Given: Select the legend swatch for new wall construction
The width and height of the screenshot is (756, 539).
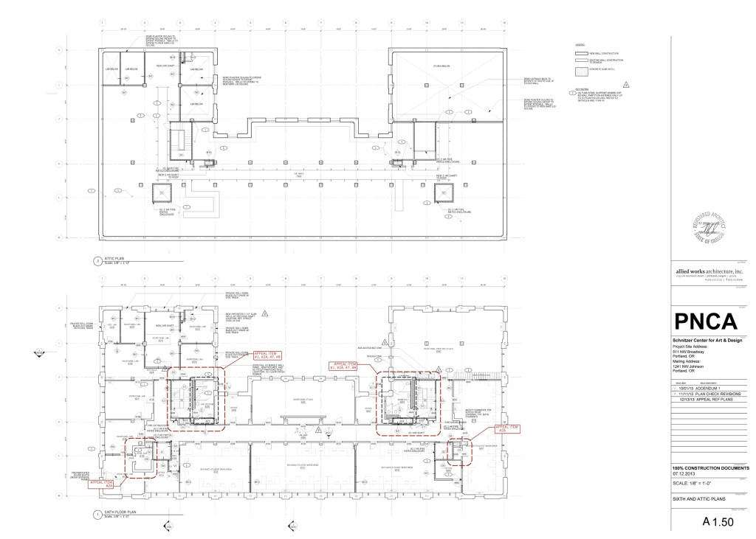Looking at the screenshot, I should pos(580,54).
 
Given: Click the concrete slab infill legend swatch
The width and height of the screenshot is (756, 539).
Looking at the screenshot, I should pos(580,72).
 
